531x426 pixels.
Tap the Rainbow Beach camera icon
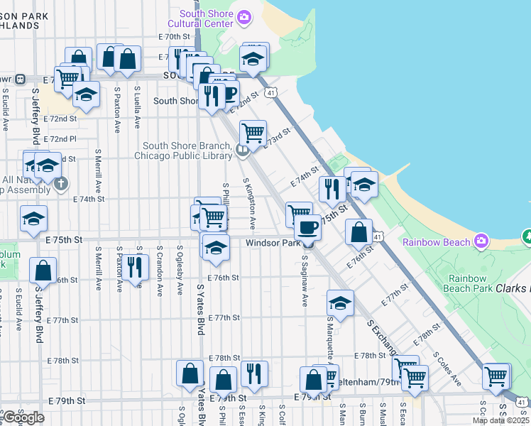[x=481, y=242]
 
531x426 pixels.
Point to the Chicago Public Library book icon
[x=243, y=149]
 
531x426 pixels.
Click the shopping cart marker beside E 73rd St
[x=253, y=133]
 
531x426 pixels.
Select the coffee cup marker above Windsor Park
[x=307, y=227]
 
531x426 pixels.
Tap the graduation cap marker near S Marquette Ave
[x=341, y=302]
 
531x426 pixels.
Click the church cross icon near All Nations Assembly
[x=62, y=183]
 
